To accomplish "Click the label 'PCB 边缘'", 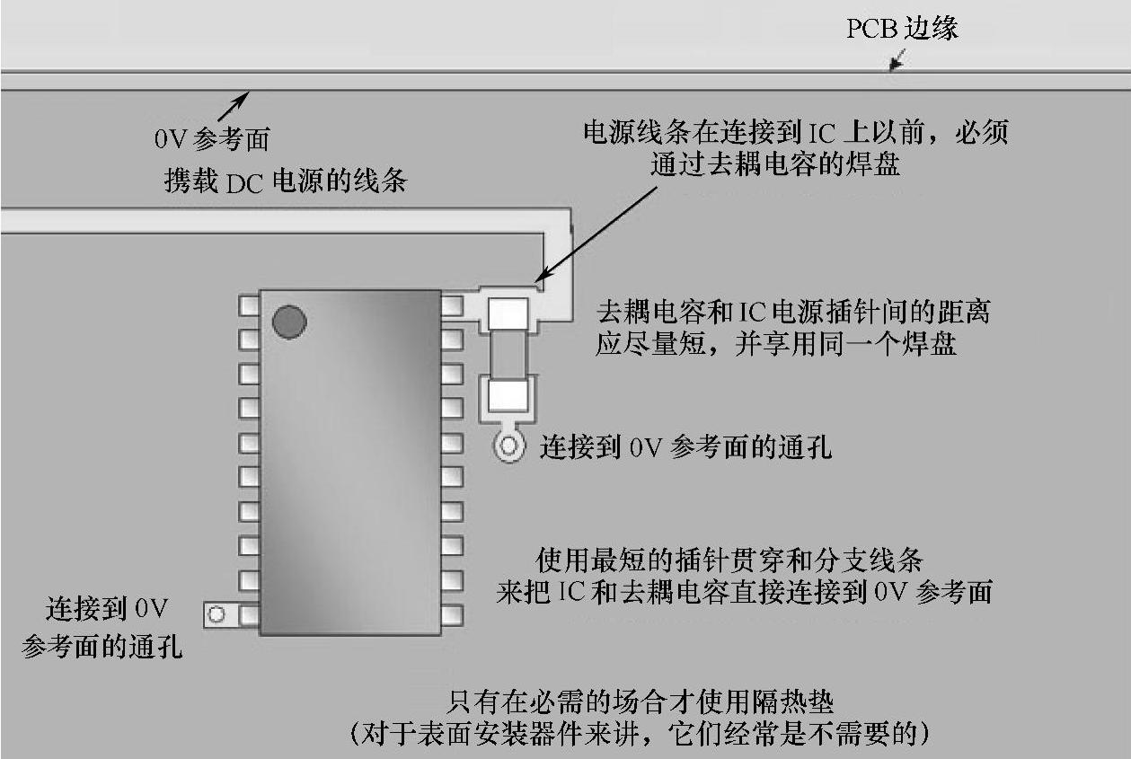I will click(x=902, y=29).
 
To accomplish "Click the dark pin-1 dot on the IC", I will click(x=289, y=322).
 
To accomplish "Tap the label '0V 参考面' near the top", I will click(x=212, y=139).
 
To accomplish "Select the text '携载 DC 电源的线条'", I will click(x=285, y=181).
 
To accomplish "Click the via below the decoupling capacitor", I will click(x=509, y=446).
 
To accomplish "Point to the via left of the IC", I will click(x=216, y=614).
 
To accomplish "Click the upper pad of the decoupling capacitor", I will click(x=508, y=313).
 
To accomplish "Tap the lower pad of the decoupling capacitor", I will click(x=508, y=395).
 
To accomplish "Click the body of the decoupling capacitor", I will click(x=508, y=354).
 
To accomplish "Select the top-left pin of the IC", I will click(x=249, y=305).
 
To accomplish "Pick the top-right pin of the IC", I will click(x=452, y=305).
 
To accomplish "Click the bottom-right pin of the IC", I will click(x=452, y=614).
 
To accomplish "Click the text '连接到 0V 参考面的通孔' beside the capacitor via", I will click(x=685, y=446).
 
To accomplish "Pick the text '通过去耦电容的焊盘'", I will click(x=773, y=164).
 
